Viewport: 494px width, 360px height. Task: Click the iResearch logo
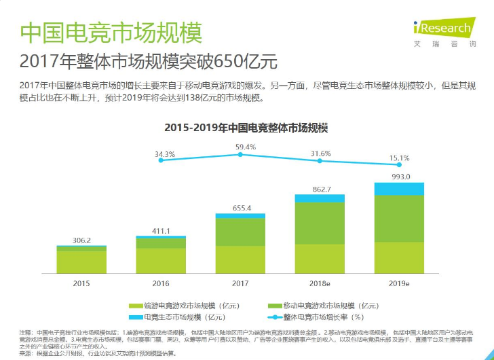pos(442,30)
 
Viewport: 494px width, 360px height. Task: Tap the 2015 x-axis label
pos(81,282)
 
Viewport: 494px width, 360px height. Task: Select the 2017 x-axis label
pos(240,282)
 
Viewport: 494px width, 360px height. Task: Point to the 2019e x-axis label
pos(399,282)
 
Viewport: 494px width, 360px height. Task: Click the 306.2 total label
pos(81,240)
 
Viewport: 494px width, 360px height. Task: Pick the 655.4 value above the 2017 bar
pos(240,208)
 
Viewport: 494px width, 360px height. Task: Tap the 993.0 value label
pos(399,176)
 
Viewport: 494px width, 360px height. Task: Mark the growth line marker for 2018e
pos(320,161)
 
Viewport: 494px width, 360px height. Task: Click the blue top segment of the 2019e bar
pos(399,189)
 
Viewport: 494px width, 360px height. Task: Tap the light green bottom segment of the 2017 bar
pos(240,259)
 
